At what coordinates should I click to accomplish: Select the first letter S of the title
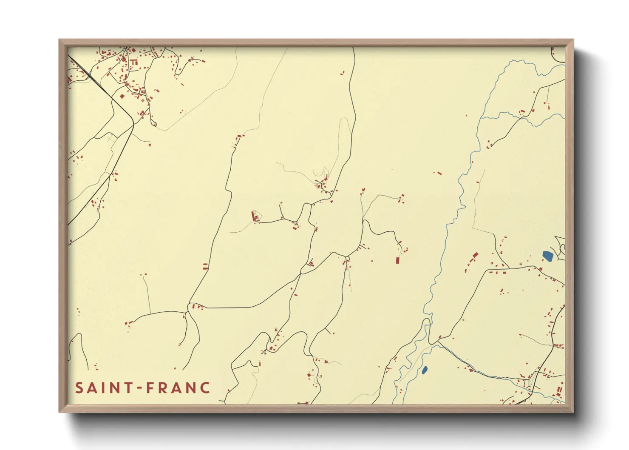79,388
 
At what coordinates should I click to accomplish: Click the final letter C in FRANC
205,388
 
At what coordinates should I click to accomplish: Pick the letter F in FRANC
150,388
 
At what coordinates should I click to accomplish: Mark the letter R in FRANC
163,388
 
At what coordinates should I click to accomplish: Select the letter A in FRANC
177,388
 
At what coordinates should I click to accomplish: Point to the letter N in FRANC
191,388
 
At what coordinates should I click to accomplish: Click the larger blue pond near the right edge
547,256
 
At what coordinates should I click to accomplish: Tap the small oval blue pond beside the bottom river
424,370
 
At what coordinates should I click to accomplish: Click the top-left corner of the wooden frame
60,40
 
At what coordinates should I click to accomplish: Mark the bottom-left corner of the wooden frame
60,411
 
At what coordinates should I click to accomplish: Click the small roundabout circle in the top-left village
125,50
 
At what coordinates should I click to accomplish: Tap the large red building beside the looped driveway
255,216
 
